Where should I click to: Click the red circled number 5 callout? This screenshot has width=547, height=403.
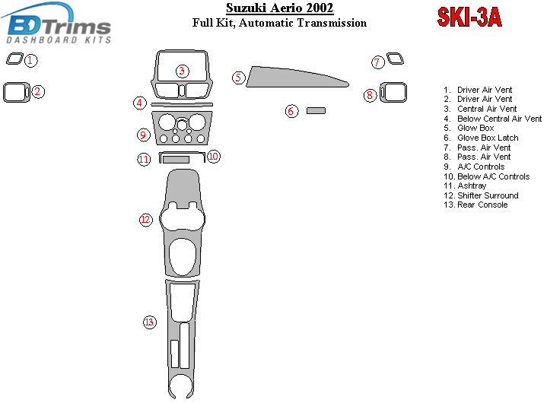click(239, 78)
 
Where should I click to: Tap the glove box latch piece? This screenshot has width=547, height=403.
click(316, 110)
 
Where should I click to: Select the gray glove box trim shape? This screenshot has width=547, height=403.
click(297, 77)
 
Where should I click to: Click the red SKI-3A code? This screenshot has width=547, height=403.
click(469, 17)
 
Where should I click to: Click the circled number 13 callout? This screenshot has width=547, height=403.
click(150, 322)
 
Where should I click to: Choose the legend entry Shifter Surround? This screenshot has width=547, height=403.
click(488, 195)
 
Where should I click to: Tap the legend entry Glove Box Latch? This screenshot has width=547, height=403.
click(488, 138)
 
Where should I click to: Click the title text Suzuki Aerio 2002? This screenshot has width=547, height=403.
click(279, 8)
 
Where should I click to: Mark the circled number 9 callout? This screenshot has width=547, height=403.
click(143, 135)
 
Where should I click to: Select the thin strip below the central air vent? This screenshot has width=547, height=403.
click(182, 104)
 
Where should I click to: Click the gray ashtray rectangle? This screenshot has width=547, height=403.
click(177, 160)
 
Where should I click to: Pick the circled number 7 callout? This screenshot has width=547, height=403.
click(377, 62)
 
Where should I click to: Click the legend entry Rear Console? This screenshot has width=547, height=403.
click(482, 205)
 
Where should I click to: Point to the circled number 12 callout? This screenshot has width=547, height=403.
click(146, 220)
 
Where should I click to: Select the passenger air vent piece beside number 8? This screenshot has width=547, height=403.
click(393, 92)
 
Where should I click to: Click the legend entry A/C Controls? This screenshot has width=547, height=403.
click(481, 167)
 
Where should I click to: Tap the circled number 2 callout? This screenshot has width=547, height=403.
click(38, 92)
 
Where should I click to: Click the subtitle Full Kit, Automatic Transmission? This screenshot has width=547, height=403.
click(279, 23)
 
